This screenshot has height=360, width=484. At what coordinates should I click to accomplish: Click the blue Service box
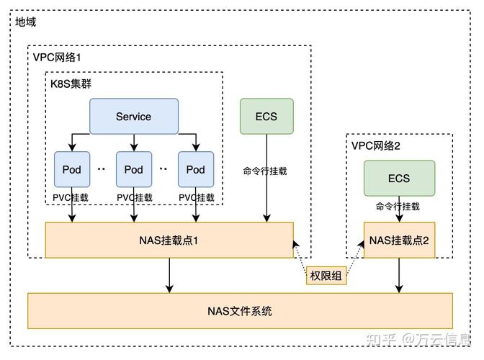(133, 117)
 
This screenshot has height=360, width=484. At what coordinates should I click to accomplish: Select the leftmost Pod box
(72, 170)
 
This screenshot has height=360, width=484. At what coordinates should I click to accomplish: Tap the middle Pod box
(134, 170)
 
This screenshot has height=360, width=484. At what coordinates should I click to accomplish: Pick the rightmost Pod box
(196, 170)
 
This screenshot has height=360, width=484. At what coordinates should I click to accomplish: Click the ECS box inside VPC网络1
(267, 117)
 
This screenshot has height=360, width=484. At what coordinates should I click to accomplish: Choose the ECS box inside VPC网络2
(398, 179)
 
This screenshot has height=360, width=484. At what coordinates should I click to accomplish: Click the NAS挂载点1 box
(169, 240)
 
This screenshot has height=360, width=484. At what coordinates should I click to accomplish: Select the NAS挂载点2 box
(398, 240)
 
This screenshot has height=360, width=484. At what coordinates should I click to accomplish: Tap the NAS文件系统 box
(240, 311)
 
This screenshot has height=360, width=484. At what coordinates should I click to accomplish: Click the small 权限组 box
(326, 276)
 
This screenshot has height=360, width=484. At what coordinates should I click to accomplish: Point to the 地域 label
(25, 22)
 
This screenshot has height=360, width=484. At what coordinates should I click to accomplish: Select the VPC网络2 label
(376, 145)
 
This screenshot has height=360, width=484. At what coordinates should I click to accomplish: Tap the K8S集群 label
(71, 84)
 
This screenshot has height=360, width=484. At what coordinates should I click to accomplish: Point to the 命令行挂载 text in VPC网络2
(398, 207)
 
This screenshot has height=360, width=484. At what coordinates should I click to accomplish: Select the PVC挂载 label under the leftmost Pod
(72, 197)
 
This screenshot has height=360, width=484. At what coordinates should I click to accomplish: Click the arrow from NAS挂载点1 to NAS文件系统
(169, 275)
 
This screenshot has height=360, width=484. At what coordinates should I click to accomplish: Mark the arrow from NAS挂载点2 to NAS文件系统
(398, 275)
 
